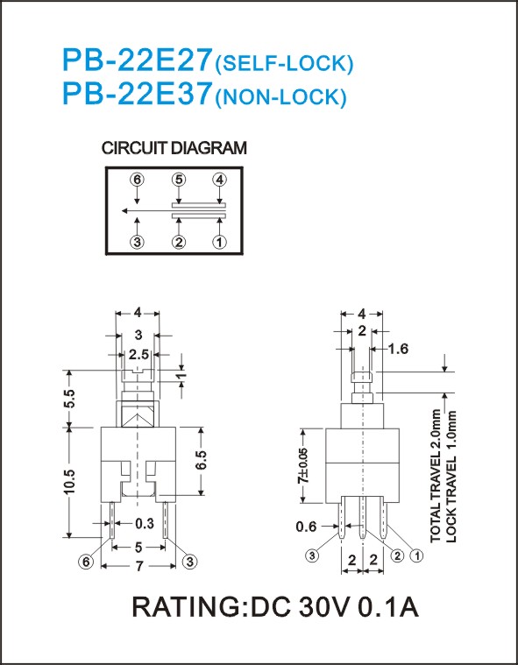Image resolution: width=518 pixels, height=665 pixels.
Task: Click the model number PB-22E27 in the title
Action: tap(137, 60)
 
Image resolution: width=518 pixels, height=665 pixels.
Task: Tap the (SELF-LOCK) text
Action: tap(284, 64)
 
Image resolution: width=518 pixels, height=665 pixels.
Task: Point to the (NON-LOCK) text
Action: tap(281, 96)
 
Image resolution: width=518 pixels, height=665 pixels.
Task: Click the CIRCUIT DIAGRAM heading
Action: tap(174, 148)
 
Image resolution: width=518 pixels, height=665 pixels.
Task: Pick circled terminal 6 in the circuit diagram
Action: tap(137, 180)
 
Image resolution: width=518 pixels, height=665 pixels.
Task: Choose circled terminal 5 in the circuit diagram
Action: tap(179, 180)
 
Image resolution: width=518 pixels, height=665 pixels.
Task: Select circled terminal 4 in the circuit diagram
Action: tap(219, 180)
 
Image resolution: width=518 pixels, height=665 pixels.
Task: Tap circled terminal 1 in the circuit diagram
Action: tap(219, 242)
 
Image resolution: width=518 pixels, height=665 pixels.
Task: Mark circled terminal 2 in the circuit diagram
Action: tap(179, 242)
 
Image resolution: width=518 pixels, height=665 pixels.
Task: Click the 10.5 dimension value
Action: tap(69, 481)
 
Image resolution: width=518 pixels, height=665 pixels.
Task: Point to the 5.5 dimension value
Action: tap(69, 399)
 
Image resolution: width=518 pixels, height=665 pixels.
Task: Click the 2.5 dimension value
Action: tap(139, 355)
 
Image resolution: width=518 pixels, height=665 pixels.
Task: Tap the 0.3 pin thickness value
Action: tap(145, 524)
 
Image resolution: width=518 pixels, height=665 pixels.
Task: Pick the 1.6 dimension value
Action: tap(398, 349)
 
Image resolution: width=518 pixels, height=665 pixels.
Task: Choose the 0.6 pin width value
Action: tap(306, 527)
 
